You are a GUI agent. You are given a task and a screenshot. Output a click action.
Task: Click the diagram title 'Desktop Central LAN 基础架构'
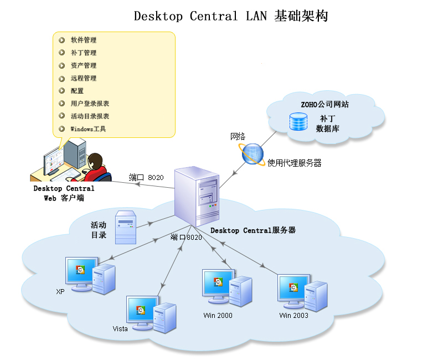click(231, 16)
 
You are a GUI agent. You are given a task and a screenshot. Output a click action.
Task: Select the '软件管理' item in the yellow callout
click(83, 40)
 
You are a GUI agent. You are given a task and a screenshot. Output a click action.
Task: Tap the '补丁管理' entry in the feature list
click(83, 53)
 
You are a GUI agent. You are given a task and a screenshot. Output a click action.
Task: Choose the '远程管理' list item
click(83, 78)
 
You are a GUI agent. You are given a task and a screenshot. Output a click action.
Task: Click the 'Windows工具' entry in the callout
click(88, 129)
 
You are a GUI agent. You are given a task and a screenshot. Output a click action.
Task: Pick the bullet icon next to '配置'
click(61, 91)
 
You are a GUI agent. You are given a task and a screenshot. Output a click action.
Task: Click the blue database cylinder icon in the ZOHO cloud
click(298, 122)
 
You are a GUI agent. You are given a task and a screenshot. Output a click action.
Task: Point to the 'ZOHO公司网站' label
click(324, 104)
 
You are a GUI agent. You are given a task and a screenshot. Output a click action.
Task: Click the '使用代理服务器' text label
click(294, 163)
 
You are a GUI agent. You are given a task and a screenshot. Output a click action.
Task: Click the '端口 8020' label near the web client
click(146, 177)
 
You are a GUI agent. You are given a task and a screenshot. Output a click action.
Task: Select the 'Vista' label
click(120, 328)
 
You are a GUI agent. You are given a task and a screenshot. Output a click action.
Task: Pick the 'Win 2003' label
click(293, 316)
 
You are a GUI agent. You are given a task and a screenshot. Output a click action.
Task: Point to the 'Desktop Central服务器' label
click(253, 230)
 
